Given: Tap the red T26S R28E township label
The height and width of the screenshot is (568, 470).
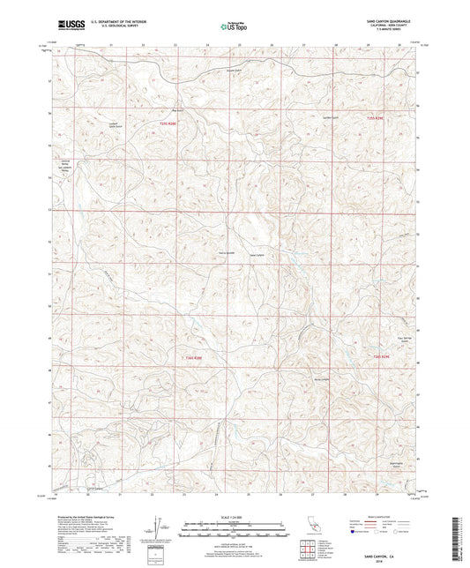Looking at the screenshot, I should pos(193,357).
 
